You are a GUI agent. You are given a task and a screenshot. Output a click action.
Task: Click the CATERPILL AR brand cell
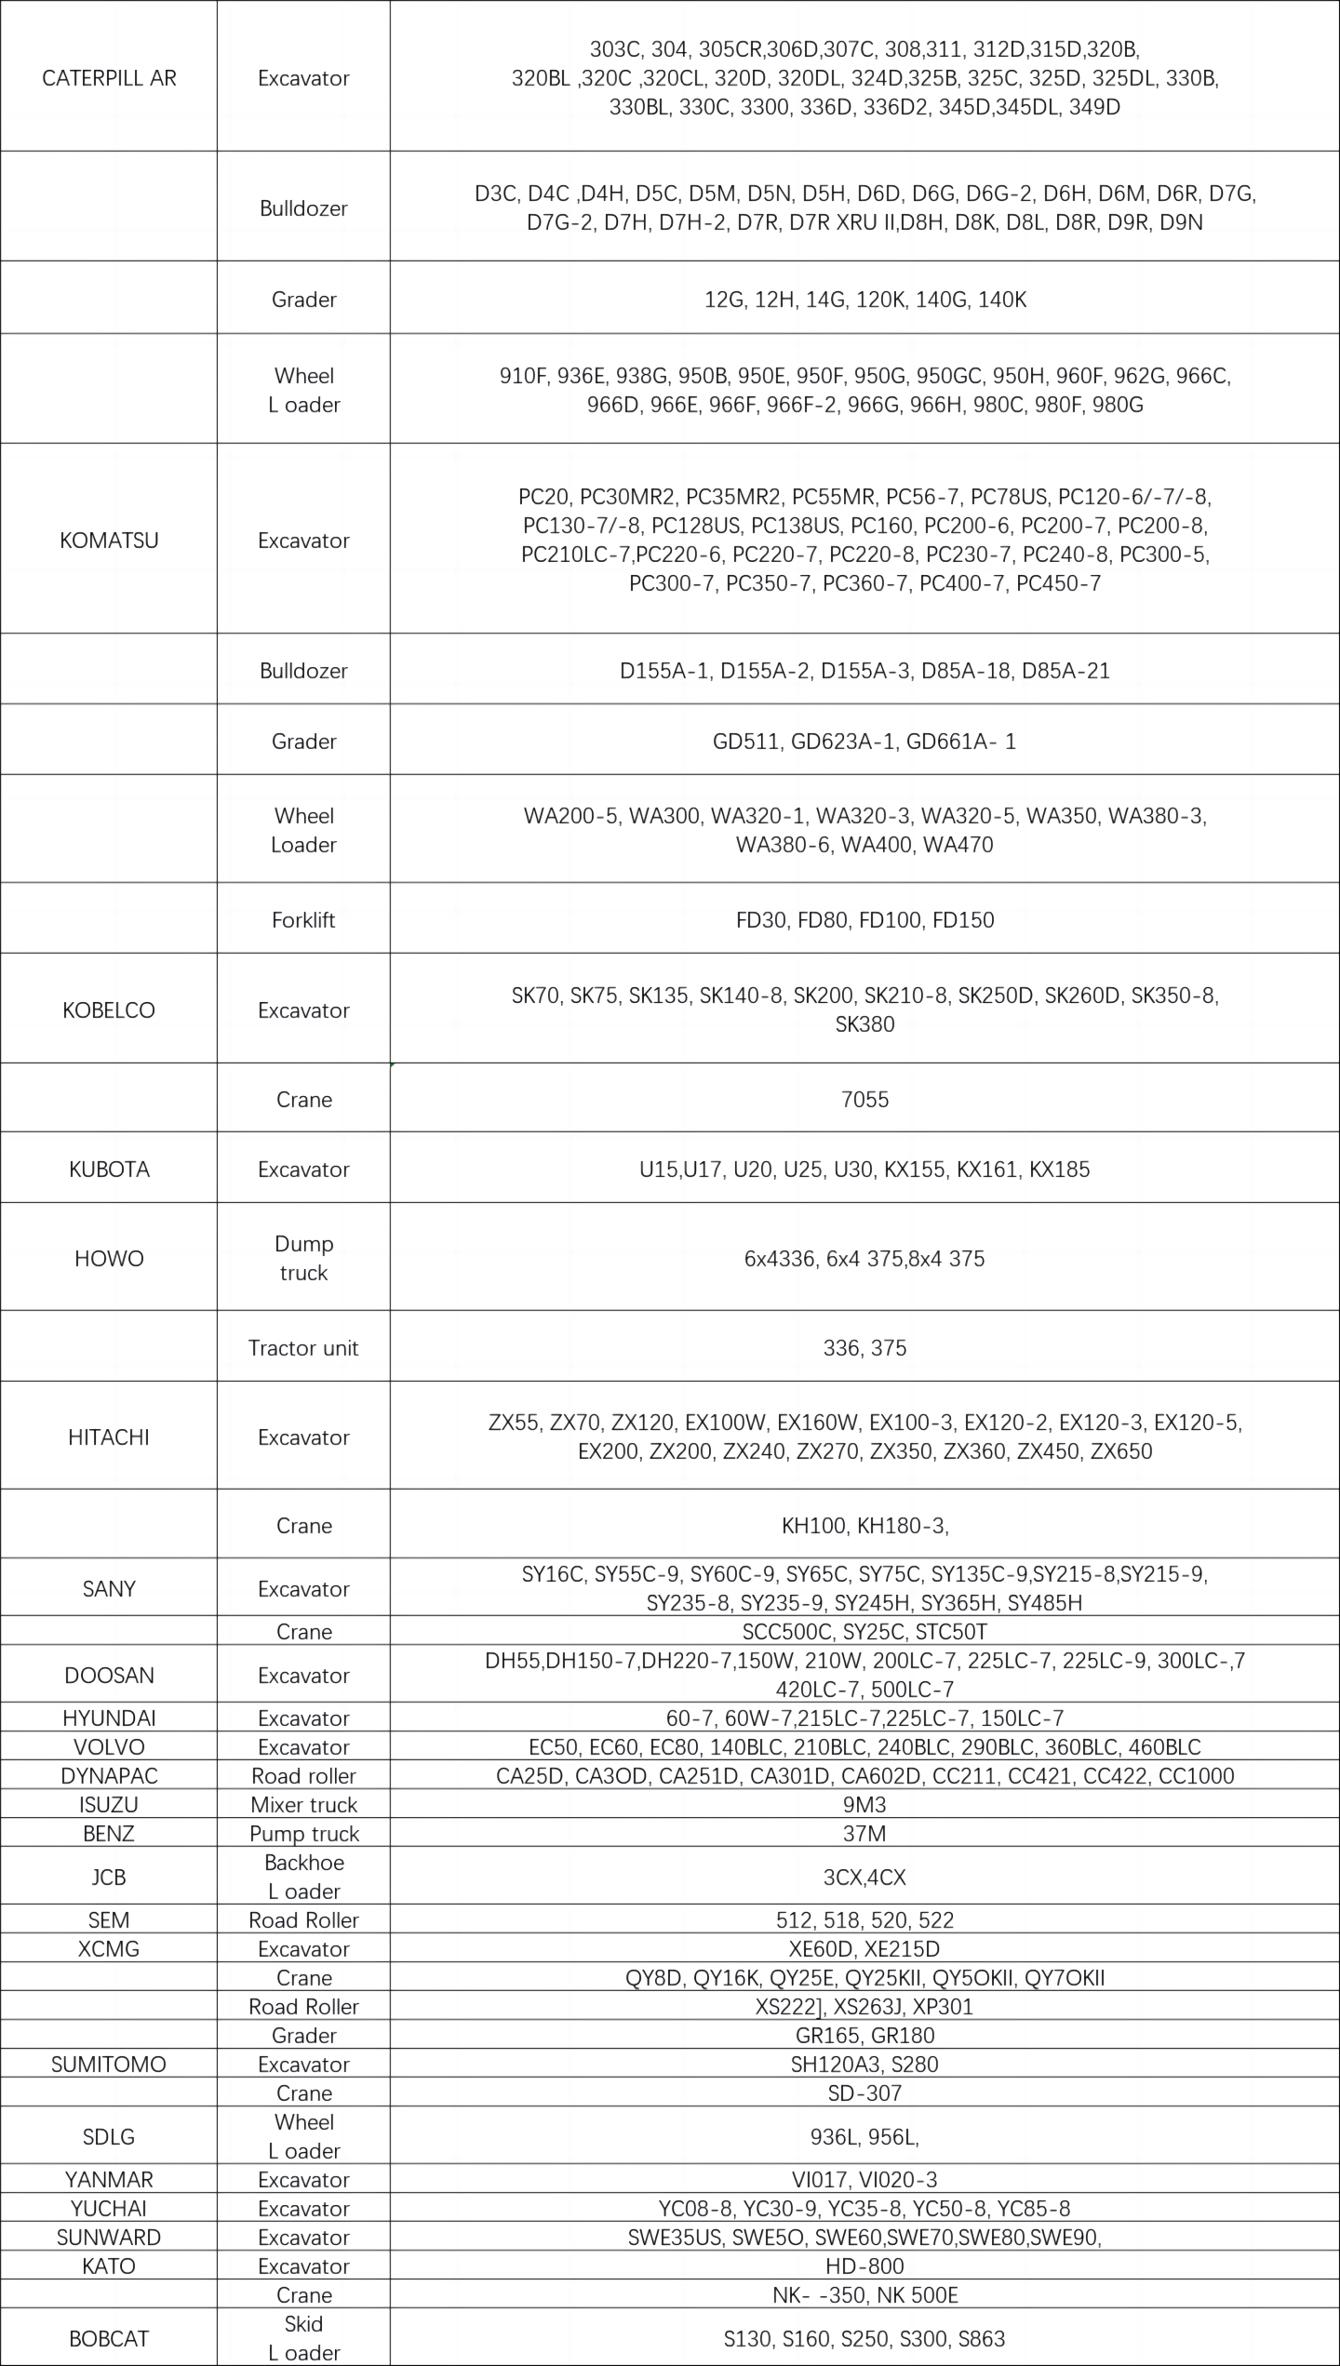(109, 78)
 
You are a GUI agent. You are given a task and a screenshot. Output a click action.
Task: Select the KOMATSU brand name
(109, 541)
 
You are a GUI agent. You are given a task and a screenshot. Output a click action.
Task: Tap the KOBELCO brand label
(109, 1010)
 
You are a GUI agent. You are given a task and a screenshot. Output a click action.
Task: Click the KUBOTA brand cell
(109, 1170)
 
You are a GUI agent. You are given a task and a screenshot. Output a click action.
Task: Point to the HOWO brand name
(109, 1259)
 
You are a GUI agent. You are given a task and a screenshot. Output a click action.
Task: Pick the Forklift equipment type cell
(303, 920)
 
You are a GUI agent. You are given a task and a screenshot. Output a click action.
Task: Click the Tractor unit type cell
(303, 1348)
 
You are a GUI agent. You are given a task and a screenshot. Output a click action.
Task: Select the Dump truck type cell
(303, 1259)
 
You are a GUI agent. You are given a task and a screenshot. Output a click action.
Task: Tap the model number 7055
(864, 1100)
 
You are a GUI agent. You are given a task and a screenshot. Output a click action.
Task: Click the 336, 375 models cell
(864, 1348)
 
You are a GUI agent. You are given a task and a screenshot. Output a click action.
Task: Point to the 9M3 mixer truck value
(864, 1805)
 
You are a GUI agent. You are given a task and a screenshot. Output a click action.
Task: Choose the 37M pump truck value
(864, 1834)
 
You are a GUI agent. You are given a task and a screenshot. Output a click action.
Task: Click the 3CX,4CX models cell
(864, 1878)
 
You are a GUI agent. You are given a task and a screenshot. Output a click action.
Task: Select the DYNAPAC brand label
(109, 1776)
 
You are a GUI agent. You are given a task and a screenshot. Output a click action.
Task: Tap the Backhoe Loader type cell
(303, 1878)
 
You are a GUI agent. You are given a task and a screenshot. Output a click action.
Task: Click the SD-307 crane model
(864, 2093)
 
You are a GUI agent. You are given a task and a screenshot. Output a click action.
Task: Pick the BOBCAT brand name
(109, 2339)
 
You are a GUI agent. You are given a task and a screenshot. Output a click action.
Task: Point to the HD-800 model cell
(864, 2266)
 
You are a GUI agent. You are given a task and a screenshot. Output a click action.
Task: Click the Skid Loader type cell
(303, 2339)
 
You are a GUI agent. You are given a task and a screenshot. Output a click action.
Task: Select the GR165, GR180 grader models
(864, 2036)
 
